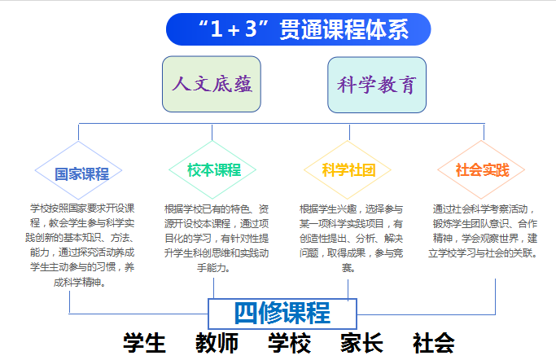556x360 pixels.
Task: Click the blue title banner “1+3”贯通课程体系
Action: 298,29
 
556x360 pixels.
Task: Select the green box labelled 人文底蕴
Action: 212,84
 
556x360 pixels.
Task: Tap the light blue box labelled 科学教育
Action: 377,85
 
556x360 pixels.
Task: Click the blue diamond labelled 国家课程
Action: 78,170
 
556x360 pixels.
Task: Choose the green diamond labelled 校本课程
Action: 212,170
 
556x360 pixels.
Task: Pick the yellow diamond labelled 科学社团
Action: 348,170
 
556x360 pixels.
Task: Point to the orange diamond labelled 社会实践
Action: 481,170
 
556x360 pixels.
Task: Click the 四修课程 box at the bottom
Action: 282,314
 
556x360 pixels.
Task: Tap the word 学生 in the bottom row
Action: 144,343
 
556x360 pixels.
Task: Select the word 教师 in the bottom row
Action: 217,343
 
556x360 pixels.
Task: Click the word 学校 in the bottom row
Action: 289,343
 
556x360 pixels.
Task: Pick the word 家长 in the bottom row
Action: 361,343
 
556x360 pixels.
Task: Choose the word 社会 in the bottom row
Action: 434,343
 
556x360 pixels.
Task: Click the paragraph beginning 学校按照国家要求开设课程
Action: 80,245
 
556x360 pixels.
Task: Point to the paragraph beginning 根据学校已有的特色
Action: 217,239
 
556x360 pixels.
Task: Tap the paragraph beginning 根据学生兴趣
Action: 351,239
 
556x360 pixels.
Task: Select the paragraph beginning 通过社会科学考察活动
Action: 483,230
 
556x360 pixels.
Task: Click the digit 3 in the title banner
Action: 251,29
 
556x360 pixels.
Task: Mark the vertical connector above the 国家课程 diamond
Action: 78,132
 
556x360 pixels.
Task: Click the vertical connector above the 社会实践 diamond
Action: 484,132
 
